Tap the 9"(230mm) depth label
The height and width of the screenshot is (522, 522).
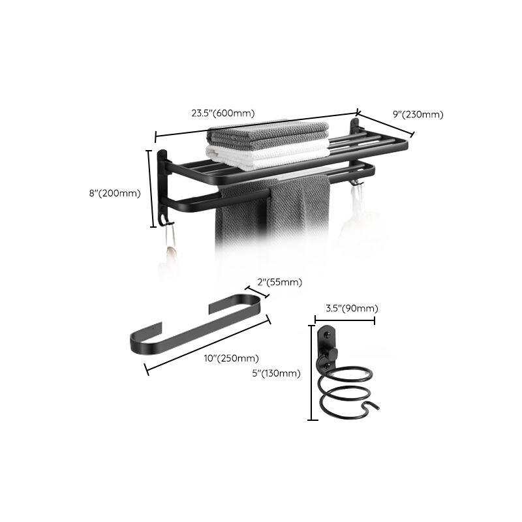point(418,114)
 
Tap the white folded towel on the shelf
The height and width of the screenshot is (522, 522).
point(268,157)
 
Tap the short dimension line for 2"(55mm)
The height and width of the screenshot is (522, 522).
point(256,293)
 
